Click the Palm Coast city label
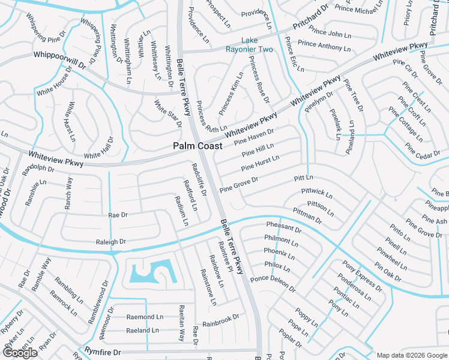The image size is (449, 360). coord(197,146)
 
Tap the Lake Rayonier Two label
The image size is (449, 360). coord(249,45)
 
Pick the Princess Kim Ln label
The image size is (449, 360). coord(231,94)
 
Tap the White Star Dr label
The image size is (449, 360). coord(167,114)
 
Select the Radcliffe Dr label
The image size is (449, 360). coord(199,179)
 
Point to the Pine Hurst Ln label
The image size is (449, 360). coord(260,163)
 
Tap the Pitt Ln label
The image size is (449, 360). coord(304,178)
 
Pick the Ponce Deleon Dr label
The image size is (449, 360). coord(273,283)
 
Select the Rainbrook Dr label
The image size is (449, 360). coord(221,320)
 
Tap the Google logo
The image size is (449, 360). coord(20,353)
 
